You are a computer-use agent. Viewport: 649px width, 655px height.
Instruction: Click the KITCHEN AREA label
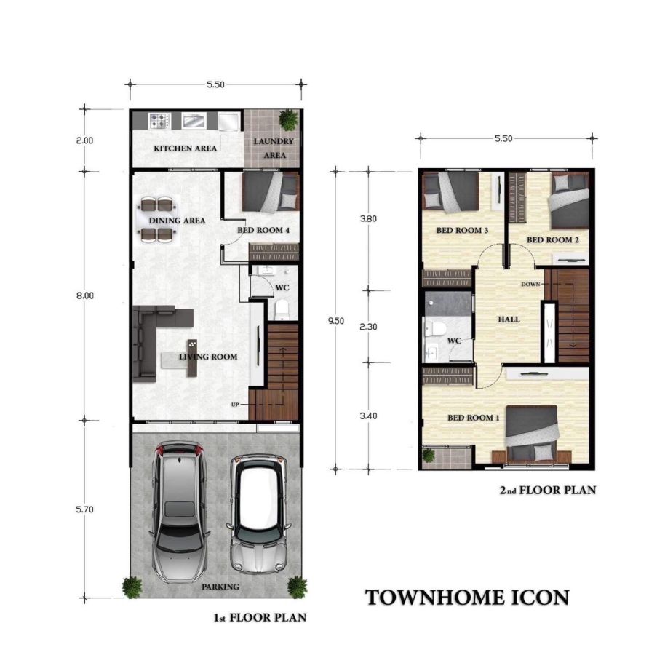pos(185,148)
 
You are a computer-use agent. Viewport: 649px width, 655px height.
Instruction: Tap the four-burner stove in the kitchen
pos(159,121)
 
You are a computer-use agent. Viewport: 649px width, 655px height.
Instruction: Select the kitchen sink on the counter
pos(194,121)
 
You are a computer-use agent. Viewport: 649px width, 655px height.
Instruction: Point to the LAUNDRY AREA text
pos(274,148)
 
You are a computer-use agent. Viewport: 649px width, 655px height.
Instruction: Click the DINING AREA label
pos(177,221)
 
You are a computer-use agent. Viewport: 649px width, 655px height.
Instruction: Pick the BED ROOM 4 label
pos(263,230)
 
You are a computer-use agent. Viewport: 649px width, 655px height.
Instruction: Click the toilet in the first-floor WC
pos(282,309)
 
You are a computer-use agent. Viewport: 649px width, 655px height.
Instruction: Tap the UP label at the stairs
pos(235,405)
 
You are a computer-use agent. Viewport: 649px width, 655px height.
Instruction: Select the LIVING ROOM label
pos(208,357)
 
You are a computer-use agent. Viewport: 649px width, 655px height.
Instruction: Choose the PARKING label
pos(220,587)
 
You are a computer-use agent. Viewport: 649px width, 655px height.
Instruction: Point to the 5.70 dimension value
pos(85,509)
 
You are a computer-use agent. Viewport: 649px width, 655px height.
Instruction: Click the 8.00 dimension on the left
pos(85,295)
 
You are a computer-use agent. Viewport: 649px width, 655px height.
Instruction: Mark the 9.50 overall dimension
pos(335,321)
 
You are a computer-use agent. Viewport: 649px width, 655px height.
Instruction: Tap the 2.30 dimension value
pos(368,327)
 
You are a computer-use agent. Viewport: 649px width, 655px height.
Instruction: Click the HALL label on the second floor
pos(509,319)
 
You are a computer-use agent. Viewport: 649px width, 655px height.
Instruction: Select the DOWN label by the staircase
pos(530,284)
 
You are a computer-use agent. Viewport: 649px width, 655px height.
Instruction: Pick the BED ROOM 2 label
pos(552,239)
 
